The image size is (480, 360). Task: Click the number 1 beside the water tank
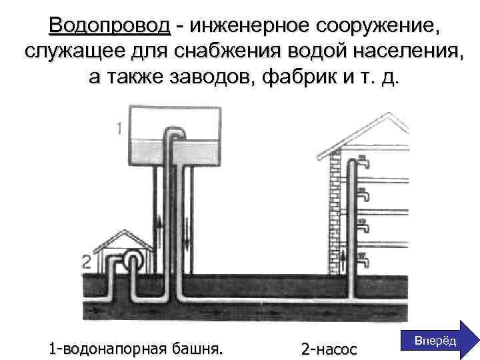tap(119, 129)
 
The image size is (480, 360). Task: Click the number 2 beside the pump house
tap(86, 262)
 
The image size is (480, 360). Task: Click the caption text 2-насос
tap(329, 349)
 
